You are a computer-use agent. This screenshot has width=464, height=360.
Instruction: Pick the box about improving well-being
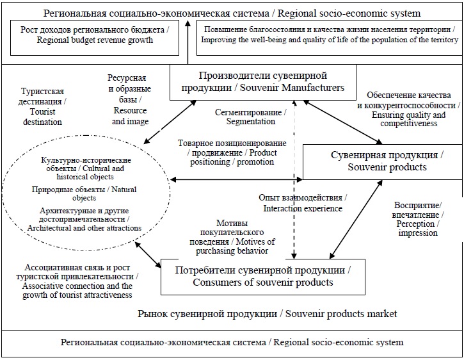point(329,35)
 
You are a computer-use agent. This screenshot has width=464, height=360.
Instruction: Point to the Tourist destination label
point(42,106)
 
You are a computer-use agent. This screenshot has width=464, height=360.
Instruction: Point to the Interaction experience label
point(302,202)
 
